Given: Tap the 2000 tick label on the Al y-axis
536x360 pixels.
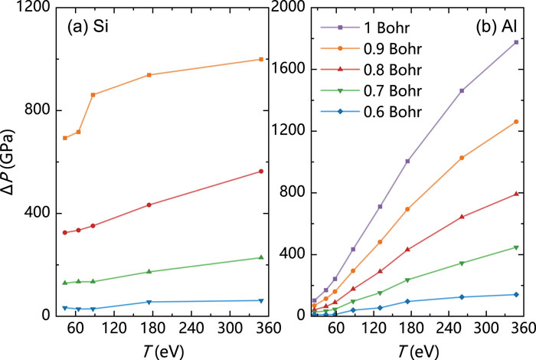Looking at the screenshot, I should (284, 8).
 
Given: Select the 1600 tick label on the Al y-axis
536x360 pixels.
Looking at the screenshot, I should (284, 69).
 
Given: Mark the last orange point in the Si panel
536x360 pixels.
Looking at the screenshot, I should (261, 59).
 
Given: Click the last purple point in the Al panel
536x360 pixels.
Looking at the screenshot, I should (516, 42).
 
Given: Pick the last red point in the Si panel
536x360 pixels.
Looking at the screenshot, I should (261, 171).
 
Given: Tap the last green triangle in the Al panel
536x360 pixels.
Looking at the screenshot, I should (516, 247).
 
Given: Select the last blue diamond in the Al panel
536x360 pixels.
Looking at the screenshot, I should (516, 294).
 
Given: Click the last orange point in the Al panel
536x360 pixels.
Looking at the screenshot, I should (516, 122).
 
